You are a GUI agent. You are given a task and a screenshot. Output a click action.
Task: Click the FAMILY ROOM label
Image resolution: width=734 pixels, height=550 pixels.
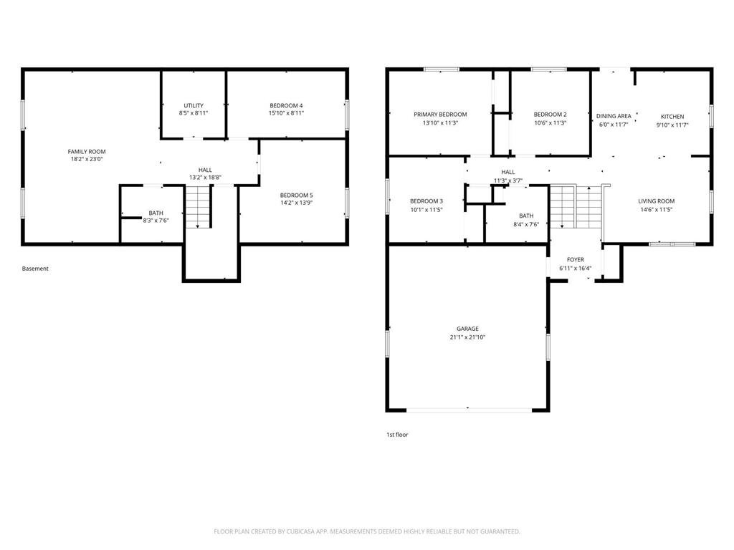click(x=87, y=152)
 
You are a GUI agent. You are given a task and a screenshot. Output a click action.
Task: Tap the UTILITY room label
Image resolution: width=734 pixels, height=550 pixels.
click(x=193, y=106)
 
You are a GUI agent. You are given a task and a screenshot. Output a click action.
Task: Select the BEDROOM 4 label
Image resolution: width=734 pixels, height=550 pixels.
click(x=286, y=106)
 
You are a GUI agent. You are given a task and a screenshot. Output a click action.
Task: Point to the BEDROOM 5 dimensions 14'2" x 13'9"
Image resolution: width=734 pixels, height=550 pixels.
click(x=296, y=203)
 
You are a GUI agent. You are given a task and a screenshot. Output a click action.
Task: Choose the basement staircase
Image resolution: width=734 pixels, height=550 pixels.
click(x=199, y=208)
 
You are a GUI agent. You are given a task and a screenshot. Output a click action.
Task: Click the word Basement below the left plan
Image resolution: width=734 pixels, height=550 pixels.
click(x=35, y=269)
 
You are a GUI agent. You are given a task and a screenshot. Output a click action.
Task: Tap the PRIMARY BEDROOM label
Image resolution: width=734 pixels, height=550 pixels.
click(x=440, y=115)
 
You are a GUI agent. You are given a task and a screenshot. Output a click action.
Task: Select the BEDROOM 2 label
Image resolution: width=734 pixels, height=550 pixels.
click(x=550, y=115)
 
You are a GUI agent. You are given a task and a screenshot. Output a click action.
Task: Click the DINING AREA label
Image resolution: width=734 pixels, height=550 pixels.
click(x=614, y=116)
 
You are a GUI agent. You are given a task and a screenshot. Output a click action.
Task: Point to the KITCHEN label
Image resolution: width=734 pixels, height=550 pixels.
click(x=672, y=116)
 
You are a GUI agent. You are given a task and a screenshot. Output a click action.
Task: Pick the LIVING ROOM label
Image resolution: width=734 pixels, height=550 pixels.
click(x=657, y=201)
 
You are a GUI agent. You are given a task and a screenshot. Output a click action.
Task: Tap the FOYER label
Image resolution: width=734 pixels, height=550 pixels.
click(x=575, y=260)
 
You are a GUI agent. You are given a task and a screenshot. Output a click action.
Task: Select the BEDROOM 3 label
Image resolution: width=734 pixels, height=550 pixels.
click(x=426, y=201)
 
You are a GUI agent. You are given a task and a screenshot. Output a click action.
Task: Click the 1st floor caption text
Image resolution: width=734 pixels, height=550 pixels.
click(x=397, y=434)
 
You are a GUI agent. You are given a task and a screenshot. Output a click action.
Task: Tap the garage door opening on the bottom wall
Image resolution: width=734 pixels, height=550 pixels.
click(x=469, y=410)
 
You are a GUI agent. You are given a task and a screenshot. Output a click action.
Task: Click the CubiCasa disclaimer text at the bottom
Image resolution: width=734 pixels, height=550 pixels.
click(x=367, y=531)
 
